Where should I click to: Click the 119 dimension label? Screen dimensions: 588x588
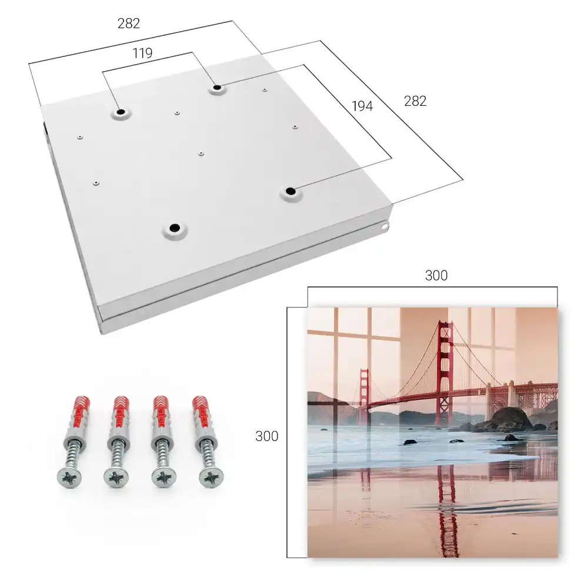(x=142, y=54)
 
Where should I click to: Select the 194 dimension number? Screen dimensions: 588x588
(x=362, y=106)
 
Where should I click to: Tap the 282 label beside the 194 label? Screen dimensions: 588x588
(x=415, y=101)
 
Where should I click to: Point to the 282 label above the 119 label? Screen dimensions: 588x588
(x=129, y=24)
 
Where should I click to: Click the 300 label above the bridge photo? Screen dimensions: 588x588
(x=436, y=276)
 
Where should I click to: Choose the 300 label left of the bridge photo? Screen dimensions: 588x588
(x=266, y=436)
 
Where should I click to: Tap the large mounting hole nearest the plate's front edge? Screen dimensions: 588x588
(x=175, y=228)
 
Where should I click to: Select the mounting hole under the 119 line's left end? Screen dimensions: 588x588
(x=121, y=112)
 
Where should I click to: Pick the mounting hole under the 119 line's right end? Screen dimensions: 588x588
(x=217, y=88)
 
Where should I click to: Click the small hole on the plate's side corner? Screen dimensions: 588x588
(x=384, y=226)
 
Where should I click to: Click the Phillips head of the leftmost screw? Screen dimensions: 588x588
(x=69, y=477)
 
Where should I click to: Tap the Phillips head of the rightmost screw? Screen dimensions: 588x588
(x=211, y=477)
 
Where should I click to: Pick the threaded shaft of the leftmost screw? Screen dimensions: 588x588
(x=73, y=454)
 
